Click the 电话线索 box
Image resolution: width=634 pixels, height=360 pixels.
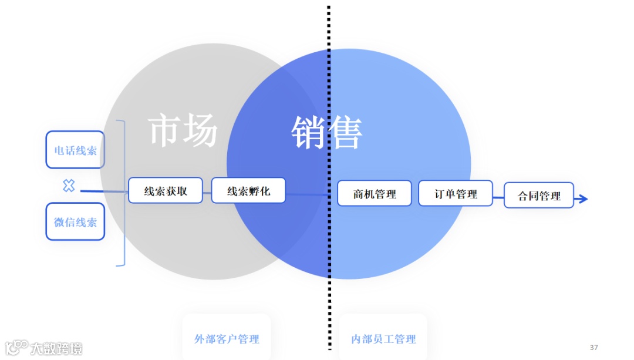[75, 150]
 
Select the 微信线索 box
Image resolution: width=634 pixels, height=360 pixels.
[75, 222]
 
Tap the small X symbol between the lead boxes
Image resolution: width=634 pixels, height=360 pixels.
[69, 186]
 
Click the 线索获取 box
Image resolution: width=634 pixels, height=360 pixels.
[166, 190]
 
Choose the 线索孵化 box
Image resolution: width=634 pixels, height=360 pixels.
[248, 190]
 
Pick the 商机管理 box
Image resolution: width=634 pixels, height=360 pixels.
[375, 193]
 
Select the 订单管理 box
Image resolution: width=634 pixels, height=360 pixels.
[456, 193]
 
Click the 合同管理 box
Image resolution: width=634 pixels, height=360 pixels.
[539, 195]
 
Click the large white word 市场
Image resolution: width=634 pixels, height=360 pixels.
[183, 130]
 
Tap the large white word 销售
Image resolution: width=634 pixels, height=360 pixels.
[327, 132]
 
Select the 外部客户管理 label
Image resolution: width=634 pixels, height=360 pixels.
[227, 339]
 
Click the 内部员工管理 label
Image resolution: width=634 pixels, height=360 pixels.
[383, 339]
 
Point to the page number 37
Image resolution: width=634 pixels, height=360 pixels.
[593, 347]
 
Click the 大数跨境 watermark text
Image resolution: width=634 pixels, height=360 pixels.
[56, 348]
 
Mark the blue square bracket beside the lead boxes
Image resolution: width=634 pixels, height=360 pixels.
[123, 193]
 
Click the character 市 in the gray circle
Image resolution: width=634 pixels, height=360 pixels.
[165, 130]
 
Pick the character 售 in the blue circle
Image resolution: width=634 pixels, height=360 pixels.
[345, 132]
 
